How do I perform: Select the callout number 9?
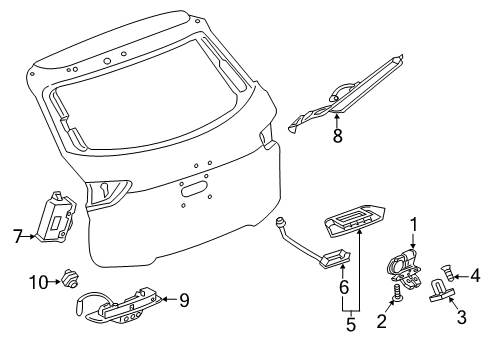[183, 299]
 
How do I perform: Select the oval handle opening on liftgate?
[191, 187]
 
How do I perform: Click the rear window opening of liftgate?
[150, 90]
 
